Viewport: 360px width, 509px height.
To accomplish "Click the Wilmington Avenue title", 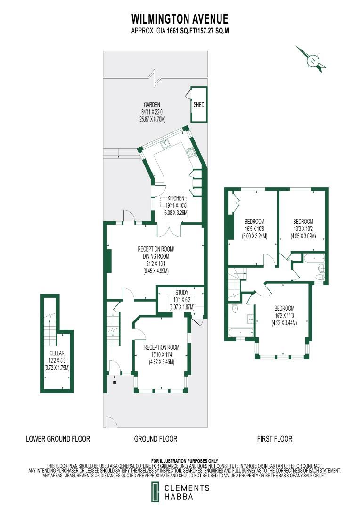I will coord(180,19).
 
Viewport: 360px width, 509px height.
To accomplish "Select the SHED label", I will coord(199,105).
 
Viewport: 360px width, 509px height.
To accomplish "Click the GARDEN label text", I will coord(152,105).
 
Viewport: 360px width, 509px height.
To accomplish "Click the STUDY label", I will coord(181,292).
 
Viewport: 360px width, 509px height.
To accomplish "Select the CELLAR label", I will coord(57,353).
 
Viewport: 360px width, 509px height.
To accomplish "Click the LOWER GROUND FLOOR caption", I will coord(57,439).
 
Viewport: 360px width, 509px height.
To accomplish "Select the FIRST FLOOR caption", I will coord(275,439).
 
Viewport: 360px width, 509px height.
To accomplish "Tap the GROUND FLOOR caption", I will coord(155,439).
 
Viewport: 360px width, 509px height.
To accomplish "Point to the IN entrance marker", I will coord(114,382).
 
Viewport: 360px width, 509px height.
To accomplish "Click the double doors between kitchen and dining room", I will coord(168,230).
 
